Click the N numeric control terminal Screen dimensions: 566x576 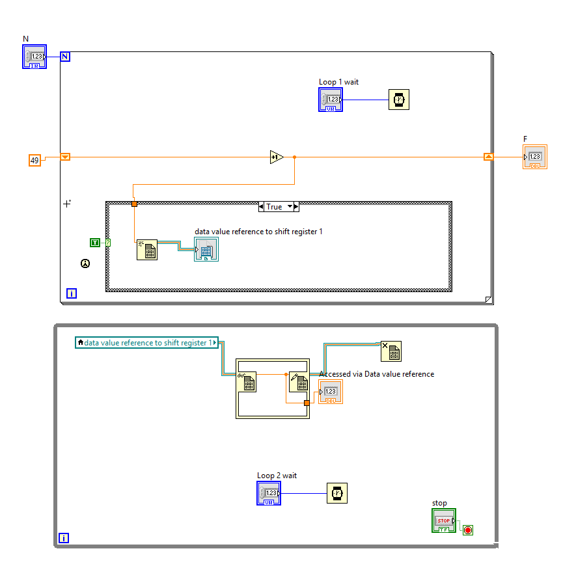[35, 57]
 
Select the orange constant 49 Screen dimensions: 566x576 [34, 159]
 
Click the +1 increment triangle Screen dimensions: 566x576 [277, 157]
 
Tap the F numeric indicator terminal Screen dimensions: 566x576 [535, 157]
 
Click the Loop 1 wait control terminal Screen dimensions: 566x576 [331, 100]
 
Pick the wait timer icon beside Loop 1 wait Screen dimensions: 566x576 [399, 100]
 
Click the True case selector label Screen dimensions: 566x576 [274, 206]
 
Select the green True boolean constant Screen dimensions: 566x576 [95, 243]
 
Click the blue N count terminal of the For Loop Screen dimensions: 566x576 [65, 57]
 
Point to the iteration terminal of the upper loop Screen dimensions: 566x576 [72, 293]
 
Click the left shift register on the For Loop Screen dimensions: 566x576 [65, 157]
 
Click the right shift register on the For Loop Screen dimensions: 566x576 [488, 157]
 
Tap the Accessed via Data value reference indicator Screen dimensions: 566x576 [331, 392]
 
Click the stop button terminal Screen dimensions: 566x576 [444, 521]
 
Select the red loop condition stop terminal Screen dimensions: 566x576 [467, 530]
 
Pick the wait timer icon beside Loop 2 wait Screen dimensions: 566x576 [337, 493]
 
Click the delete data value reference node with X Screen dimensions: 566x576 [391, 351]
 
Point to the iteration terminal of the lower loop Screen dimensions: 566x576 [64, 538]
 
